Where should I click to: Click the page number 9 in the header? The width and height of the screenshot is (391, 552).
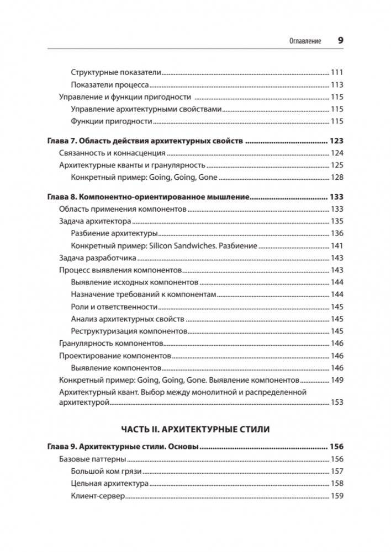[340, 40]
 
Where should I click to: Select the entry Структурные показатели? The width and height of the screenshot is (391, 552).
[115, 72]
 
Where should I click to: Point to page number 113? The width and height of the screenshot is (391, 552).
[337, 85]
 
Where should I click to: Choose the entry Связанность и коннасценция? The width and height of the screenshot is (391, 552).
[112, 153]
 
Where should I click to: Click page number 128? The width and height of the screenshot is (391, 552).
[337, 178]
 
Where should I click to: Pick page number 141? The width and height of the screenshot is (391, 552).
[337, 245]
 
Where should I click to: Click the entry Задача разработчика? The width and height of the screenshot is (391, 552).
[97, 258]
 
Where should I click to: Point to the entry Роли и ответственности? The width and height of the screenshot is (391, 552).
[114, 307]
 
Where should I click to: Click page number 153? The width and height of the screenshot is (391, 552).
[337, 403]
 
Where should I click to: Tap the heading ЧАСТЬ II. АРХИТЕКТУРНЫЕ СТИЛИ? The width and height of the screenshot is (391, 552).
[195, 428]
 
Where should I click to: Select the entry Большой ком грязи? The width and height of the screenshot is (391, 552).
[107, 471]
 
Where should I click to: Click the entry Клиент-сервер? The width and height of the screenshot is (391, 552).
[97, 496]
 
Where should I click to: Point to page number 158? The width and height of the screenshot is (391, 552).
[337, 484]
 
